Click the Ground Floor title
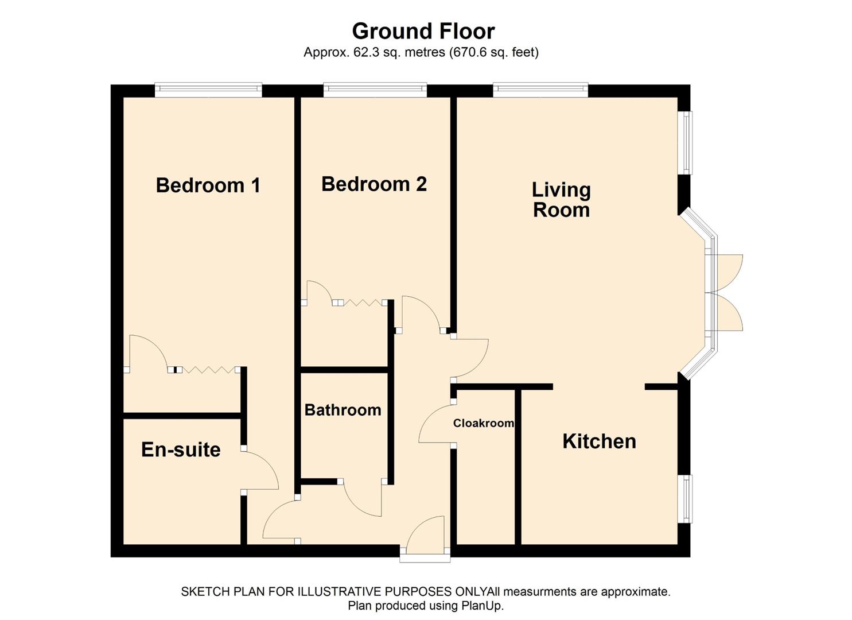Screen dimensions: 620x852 [x=423, y=30]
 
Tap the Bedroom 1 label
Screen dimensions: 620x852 [x=208, y=185]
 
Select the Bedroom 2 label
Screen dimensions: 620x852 [x=374, y=184]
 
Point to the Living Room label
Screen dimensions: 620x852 [x=561, y=199]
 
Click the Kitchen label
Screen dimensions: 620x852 [x=599, y=441]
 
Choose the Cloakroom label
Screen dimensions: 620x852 [x=483, y=423]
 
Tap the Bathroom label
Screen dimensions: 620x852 [x=343, y=410]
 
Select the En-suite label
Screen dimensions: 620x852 [x=181, y=449]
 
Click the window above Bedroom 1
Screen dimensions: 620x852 [x=208, y=90]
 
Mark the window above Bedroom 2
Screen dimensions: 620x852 [x=375, y=90]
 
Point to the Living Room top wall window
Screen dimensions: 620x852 [x=540, y=90]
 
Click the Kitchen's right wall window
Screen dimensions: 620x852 [x=685, y=498]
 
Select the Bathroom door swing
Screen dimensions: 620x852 [x=363, y=498]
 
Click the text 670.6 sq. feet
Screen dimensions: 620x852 [x=493, y=52]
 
